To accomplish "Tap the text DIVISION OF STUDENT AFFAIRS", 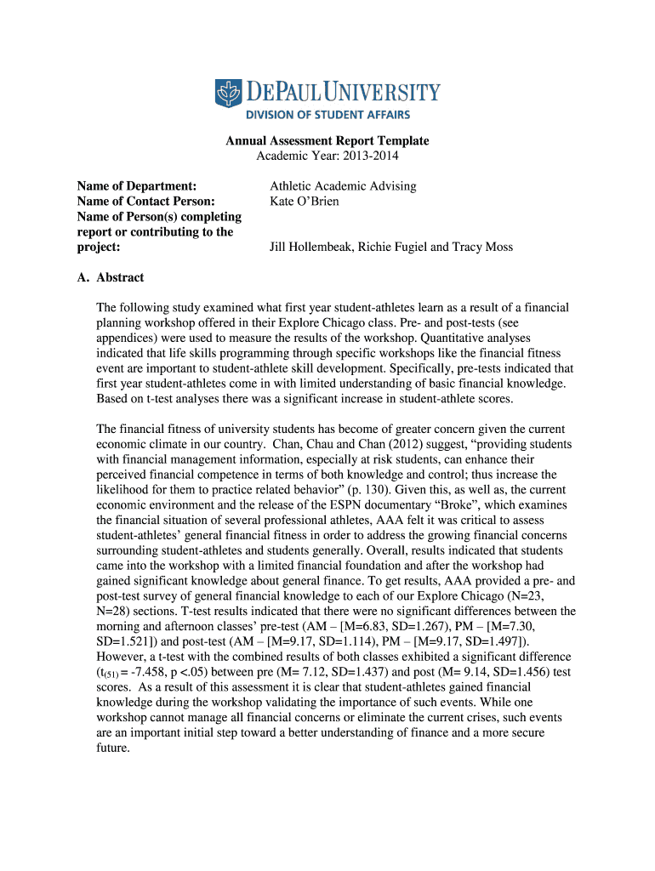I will pos(327,115).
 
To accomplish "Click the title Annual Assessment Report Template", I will pos(327,140).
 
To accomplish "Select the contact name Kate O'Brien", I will pos(305,202).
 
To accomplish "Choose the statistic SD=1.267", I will pos(438,627).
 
